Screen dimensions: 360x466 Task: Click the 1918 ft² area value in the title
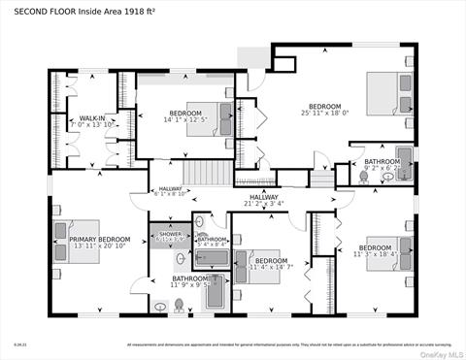coord(144,13)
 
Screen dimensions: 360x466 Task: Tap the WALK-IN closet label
coord(92,118)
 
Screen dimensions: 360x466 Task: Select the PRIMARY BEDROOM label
coord(99,239)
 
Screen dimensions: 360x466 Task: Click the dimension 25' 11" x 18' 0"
coord(324,113)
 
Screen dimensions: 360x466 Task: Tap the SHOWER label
coord(171,234)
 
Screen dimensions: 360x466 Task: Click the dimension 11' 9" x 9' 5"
coord(190,285)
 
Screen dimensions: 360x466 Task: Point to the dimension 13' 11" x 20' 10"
coord(99,245)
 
